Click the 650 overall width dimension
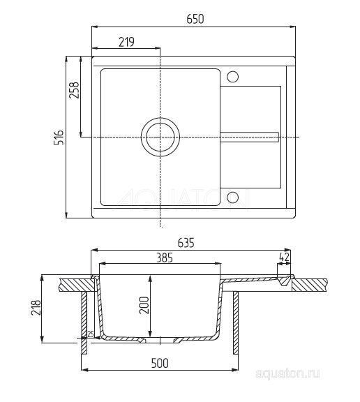point(195,20)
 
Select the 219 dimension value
point(126,43)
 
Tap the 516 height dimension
point(60,137)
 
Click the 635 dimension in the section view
point(186,244)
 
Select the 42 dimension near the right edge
point(283,257)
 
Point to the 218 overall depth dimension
point(37,308)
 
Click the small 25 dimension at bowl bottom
point(90,335)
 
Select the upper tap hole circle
point(233,76)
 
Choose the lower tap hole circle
point(233,197)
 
